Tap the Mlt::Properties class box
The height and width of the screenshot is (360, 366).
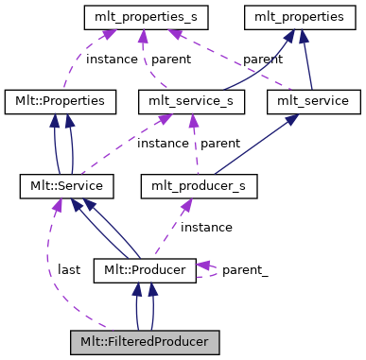61,100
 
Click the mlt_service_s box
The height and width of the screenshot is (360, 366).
192,100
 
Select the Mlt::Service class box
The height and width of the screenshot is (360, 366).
67,185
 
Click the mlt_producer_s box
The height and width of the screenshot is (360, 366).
199,185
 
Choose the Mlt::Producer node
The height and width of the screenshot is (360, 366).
144,270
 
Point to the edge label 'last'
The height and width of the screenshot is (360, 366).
68,269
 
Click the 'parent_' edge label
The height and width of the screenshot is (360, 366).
245,270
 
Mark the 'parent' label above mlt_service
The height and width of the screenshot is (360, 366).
262,58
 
